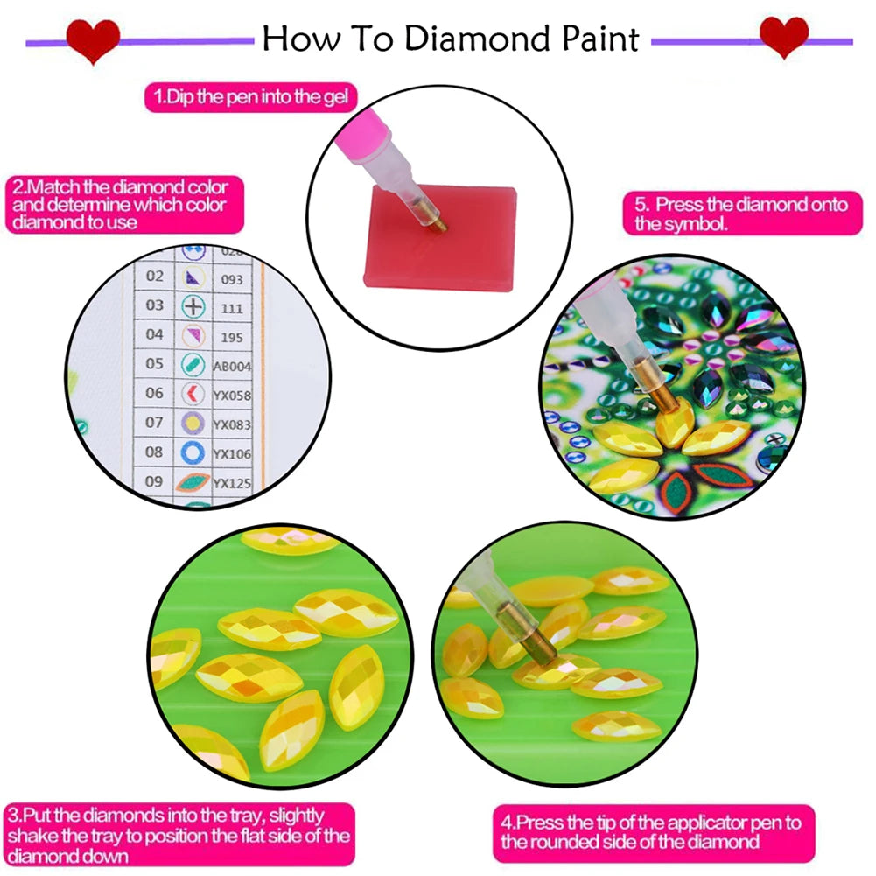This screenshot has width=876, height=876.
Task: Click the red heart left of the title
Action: [x=94, y=40]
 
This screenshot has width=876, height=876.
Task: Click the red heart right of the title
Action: [x=783, y=39]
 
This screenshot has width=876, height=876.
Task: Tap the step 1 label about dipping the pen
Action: [x=251, y=97]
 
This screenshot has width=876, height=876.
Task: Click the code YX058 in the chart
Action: [x=233, y=395]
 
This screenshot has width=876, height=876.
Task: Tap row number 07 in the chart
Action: [x=154, y=423]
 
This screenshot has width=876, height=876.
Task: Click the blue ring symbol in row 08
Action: [x=193, y=452]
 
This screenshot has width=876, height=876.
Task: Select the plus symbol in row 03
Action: [x=193, y=306]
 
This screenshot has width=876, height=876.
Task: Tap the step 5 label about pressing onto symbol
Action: [x=740, y=214]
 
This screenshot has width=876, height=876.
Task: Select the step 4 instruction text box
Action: [x=651, y=831]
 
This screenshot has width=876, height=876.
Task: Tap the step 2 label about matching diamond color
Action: [x=120, y=205]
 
